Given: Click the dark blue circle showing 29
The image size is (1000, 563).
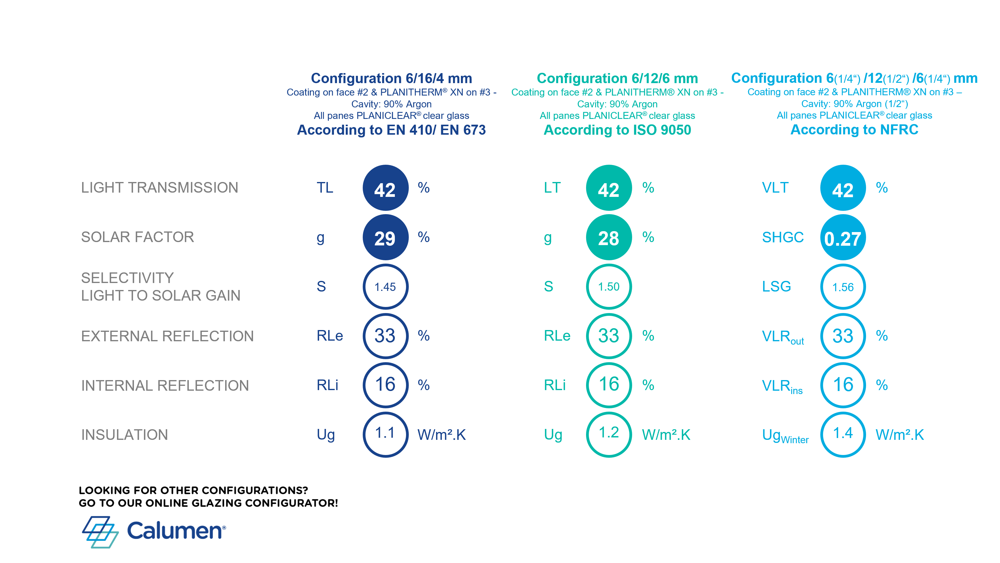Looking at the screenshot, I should click(385, 238).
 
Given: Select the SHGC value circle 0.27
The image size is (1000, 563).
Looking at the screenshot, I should click(842, 238).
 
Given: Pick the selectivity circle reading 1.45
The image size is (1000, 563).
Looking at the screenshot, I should click(385, 287).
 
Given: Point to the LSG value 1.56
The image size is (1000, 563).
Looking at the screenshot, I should click(842, 287).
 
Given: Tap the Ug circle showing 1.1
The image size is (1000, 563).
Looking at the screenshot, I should click(385, 434).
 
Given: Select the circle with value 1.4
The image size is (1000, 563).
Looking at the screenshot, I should click(842, 434).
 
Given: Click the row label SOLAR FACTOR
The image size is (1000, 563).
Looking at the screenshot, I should click(137, 237).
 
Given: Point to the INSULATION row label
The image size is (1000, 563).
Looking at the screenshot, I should click(124, 434).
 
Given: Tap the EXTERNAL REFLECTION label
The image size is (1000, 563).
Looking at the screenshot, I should click(167, 336).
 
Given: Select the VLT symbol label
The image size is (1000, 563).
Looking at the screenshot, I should click(775, 188).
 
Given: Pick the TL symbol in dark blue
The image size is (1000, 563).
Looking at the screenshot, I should click(325, 188).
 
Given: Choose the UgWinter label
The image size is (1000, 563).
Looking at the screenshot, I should click(785, 436).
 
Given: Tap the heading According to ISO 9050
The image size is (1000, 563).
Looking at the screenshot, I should click(617, 130).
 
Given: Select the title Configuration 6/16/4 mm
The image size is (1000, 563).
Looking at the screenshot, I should click(391, 78).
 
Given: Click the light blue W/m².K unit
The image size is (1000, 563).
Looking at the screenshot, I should click(899, 435).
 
